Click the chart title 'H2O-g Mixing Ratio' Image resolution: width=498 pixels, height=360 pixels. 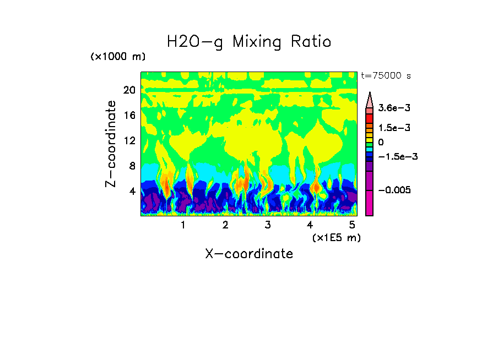249,42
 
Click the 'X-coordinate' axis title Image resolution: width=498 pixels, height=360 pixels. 249,254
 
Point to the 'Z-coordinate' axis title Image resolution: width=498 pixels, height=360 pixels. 111,144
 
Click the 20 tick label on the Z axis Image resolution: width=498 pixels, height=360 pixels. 129,90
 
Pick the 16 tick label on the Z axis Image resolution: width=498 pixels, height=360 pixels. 129,116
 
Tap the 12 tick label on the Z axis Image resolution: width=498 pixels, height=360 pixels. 129,140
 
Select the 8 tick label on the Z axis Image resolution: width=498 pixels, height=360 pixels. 132,166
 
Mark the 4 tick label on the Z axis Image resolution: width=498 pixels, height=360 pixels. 132,191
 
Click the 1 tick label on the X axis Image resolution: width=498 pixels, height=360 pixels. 183,225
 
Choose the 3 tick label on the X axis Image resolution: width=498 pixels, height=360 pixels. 268,225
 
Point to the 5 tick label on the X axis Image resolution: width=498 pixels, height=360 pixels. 352,225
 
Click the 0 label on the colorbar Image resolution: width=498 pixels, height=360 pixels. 381,142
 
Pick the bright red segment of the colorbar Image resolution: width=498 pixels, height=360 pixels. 370,118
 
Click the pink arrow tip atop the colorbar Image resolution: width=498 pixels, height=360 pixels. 370,99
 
